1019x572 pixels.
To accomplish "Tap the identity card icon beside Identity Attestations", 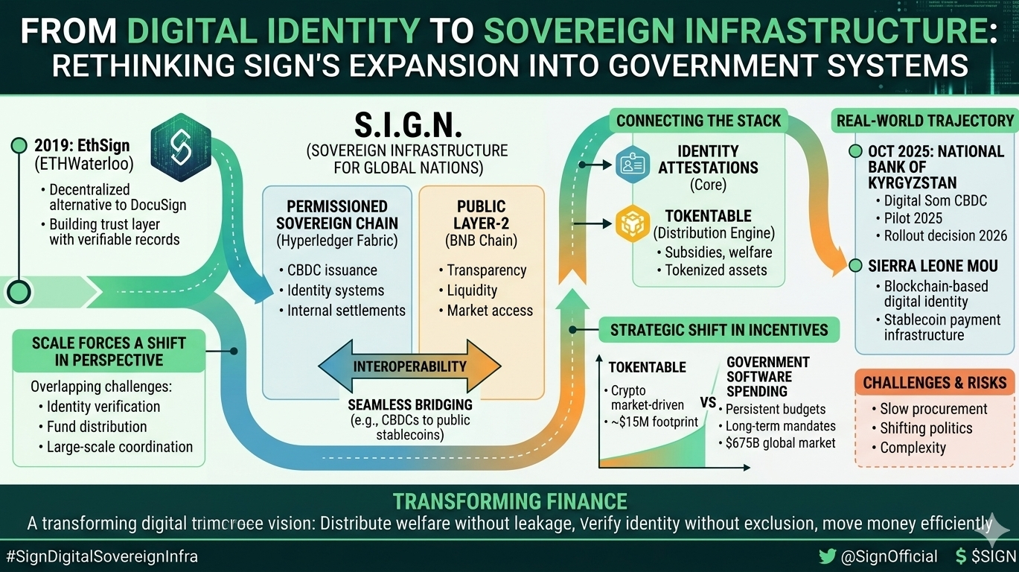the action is [634, 165].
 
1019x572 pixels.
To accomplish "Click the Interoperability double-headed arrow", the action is [409, 366].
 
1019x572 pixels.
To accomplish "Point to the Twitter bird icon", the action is [827, 556].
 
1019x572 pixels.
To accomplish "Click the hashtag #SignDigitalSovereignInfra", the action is [102, 556].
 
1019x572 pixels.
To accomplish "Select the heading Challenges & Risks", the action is [935, 383].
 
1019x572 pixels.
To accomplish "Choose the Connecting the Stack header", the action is [698, 121].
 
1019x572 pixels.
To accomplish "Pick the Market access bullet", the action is [490, 310].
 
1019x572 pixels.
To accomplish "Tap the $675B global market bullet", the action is [780, 443].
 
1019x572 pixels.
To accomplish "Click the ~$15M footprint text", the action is [654, 422].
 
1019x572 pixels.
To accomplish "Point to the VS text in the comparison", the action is [708, 403].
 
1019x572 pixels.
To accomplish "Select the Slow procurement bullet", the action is [933, 409].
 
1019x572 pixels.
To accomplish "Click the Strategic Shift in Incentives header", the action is [719, 330].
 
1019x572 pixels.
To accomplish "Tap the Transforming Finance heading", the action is [509, 501].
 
